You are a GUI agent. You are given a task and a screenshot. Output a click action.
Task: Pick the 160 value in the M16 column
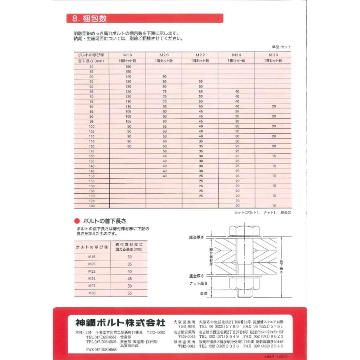coord(128,66)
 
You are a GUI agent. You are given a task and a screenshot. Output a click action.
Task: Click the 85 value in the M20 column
coord(164,81)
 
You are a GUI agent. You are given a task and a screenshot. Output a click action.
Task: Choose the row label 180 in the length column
coord(92,206)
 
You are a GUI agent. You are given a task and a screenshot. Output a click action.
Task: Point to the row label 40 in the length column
coord(92,66)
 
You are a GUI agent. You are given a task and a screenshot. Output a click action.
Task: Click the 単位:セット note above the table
coord(281,47)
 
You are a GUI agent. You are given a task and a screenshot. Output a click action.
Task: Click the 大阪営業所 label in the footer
coord(184,321)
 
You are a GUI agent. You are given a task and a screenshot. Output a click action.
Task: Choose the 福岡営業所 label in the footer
coord(184,341)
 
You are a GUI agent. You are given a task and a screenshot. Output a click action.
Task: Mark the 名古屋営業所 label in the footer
coord(184,332)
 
